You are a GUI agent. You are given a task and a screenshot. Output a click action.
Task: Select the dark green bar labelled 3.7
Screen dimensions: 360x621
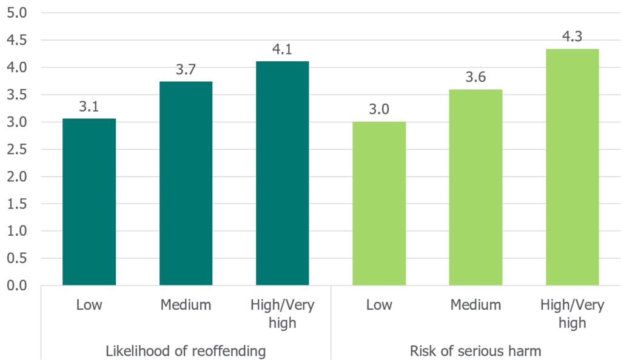186,183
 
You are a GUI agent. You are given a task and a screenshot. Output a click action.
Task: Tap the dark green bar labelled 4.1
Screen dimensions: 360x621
283,173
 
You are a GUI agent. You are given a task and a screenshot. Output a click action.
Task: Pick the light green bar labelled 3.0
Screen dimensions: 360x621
379,204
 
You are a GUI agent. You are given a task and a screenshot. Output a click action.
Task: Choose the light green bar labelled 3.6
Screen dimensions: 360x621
475,187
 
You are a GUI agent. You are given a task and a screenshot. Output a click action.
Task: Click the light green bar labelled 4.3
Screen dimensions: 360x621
572,167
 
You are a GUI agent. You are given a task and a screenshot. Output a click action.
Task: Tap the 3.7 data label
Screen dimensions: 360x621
186,70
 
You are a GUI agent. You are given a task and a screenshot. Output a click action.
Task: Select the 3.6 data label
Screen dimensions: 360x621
475,77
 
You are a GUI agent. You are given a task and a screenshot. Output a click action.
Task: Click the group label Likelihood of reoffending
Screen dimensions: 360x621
186,350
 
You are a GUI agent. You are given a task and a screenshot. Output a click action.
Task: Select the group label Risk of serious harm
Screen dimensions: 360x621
475,350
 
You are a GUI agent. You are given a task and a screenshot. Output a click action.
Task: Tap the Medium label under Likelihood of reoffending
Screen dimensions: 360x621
186,304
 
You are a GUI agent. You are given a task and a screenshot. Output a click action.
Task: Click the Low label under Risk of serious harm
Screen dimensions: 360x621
379,304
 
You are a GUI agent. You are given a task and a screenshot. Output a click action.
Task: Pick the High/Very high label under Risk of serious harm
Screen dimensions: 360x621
572,313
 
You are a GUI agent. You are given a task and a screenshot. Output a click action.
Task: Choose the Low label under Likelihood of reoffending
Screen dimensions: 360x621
89,304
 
